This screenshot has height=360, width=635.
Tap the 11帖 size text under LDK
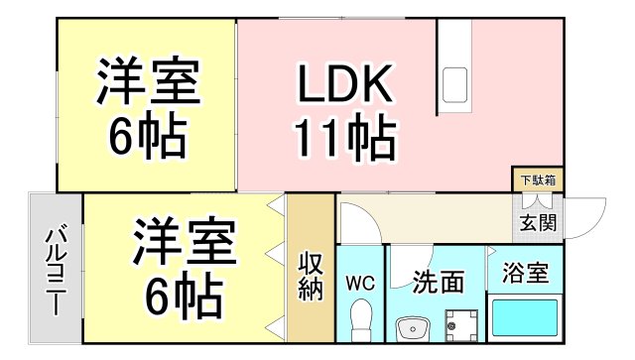343,140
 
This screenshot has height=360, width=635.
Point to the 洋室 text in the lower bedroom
184,242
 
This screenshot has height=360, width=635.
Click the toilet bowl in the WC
361,321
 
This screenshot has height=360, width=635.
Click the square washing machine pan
459,324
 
